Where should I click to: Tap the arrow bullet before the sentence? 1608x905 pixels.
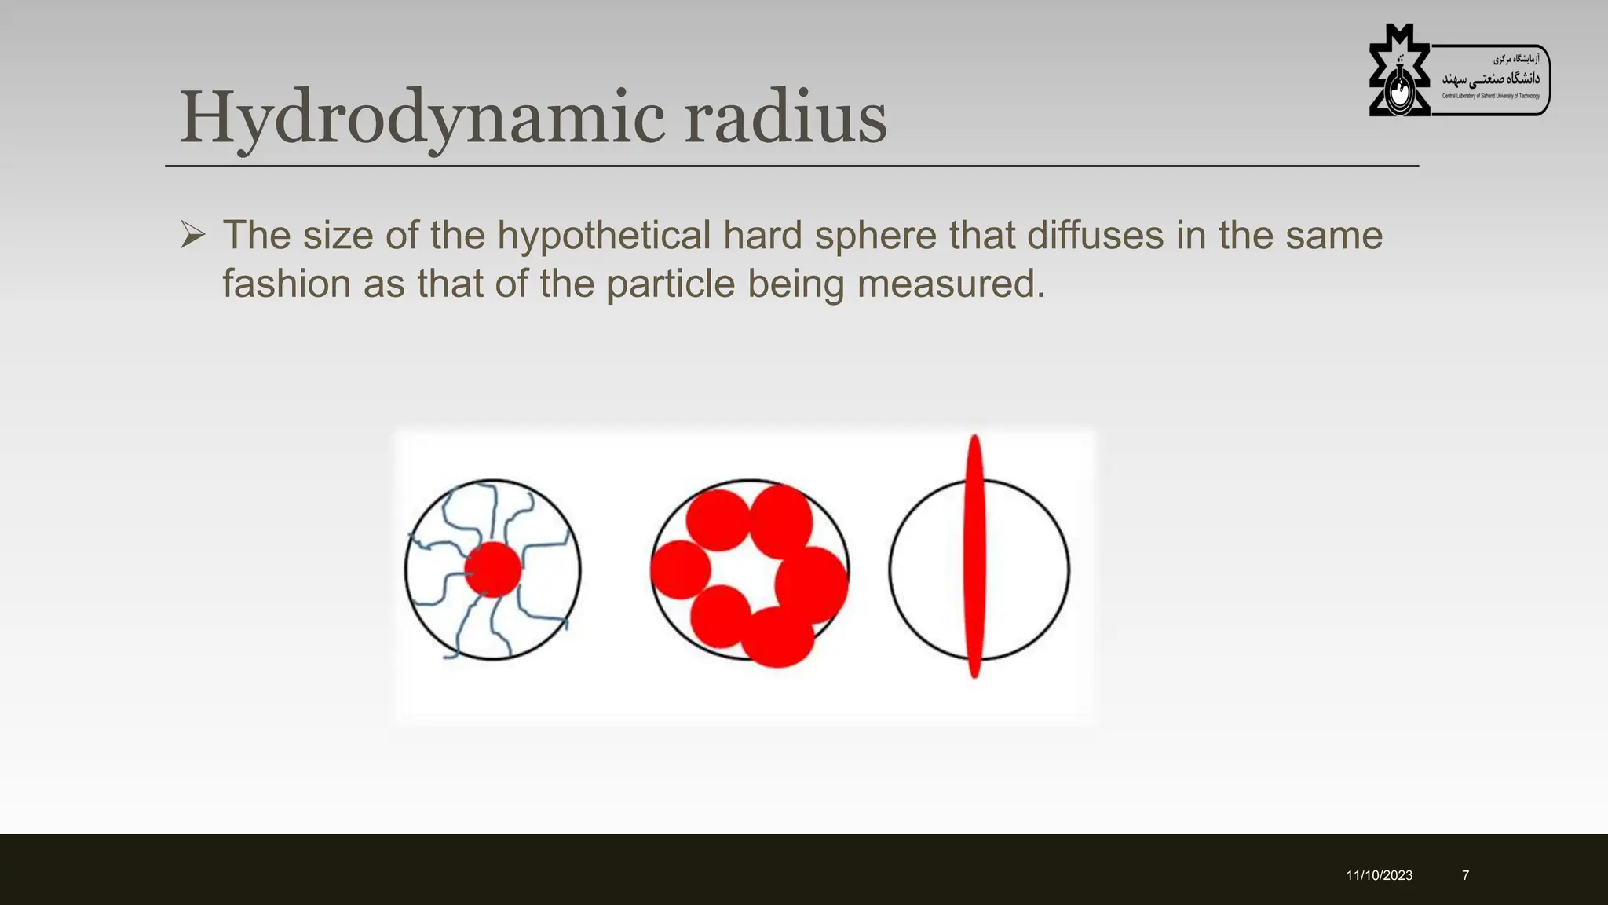point(192,235)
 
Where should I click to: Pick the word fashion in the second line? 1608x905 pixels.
point(287,284)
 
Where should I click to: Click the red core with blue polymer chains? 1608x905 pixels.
point(493,570)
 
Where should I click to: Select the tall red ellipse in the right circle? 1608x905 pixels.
point(974,556)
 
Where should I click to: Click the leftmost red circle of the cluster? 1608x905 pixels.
point(680,570)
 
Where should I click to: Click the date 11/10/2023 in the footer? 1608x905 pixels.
point(1379,875)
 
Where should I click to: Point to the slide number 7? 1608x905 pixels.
point(1465,875)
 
